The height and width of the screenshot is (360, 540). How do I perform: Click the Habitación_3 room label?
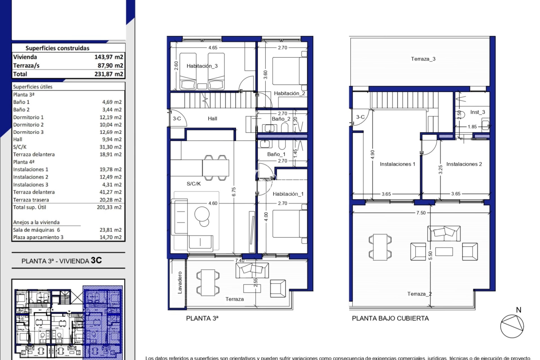[202, 66]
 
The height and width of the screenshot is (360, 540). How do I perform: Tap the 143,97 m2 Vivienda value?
[109, 57]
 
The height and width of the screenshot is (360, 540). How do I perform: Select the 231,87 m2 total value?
[109, 74]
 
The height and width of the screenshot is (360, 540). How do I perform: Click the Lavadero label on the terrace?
[180, 282]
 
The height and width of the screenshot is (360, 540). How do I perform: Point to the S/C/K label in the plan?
[193, 184]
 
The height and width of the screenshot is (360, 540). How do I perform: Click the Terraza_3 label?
[423, 59]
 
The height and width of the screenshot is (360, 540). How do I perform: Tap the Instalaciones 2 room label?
[464, 164]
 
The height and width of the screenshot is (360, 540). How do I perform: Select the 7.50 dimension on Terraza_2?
[421, 213]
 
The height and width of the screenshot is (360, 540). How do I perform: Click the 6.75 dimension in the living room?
[234, 192]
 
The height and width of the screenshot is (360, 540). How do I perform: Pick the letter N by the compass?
[519, 310]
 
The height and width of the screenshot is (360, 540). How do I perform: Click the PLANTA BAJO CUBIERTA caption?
[390, 318]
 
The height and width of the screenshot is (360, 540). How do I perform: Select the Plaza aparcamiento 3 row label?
[38, 237]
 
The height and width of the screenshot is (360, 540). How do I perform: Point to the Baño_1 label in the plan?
[276, 154]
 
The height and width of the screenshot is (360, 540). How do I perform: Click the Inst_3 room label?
[478, 112]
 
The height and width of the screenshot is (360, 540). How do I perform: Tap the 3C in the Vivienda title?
[96, 260]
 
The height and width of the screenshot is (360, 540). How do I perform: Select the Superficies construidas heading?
[57, 48]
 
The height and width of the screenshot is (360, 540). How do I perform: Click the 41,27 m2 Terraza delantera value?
[110, 192]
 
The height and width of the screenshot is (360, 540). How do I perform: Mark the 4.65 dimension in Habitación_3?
[213, 48]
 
